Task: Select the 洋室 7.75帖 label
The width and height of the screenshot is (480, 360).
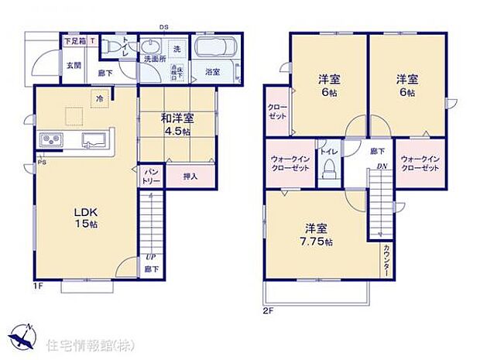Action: coord(318,235)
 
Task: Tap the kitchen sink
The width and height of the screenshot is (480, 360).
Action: coord(93,140)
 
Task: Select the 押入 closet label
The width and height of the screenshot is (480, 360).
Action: coord(190,177)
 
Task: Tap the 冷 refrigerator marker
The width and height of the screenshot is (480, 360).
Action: coord(100,98)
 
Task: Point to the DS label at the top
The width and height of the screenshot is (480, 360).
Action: coord(164,27)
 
